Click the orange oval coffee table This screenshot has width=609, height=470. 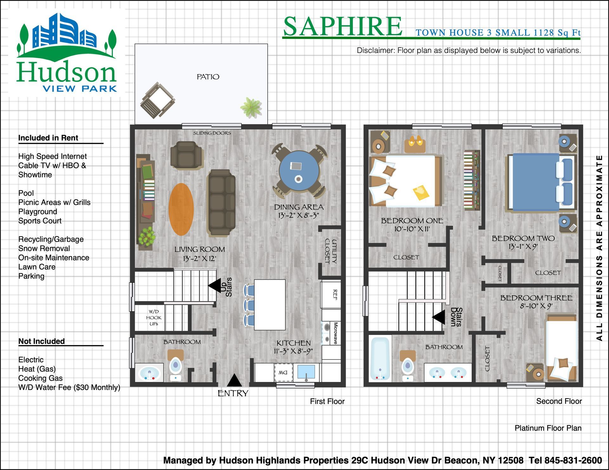181,209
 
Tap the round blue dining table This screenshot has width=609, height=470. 299,170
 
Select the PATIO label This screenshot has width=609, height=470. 208,77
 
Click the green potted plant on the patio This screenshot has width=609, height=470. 251,108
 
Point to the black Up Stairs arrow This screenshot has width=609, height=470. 214,286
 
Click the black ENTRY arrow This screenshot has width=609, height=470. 234,380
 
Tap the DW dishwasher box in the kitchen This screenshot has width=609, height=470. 283,372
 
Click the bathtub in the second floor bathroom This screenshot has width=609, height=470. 380,359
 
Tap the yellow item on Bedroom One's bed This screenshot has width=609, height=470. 421,192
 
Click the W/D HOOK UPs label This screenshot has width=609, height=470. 154,318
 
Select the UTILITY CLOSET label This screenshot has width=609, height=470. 331,251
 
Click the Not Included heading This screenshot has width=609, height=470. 42,341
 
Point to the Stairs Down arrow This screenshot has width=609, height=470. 438,317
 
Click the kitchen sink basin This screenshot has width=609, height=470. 306,372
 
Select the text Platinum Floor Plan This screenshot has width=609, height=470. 548,428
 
